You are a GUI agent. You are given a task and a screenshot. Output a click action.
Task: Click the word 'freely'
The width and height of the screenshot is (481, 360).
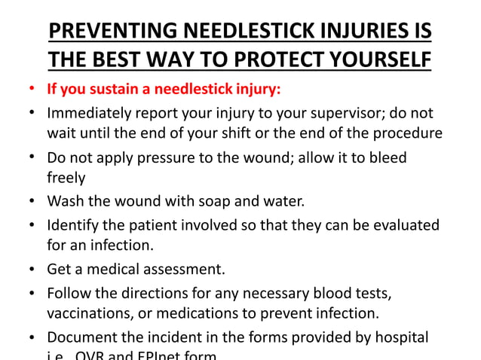click(x=66, y=179)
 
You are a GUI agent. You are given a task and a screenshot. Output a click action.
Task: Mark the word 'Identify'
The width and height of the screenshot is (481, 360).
click(x=75, y=225)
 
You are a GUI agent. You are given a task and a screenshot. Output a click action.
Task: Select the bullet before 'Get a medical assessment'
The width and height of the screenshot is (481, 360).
click(x=31, y=270)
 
